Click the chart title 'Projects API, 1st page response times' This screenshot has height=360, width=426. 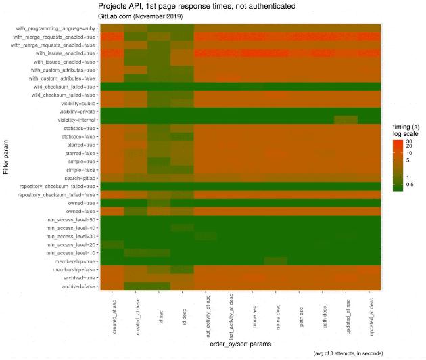[195, 6]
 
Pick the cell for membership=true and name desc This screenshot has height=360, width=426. [276, 261]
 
